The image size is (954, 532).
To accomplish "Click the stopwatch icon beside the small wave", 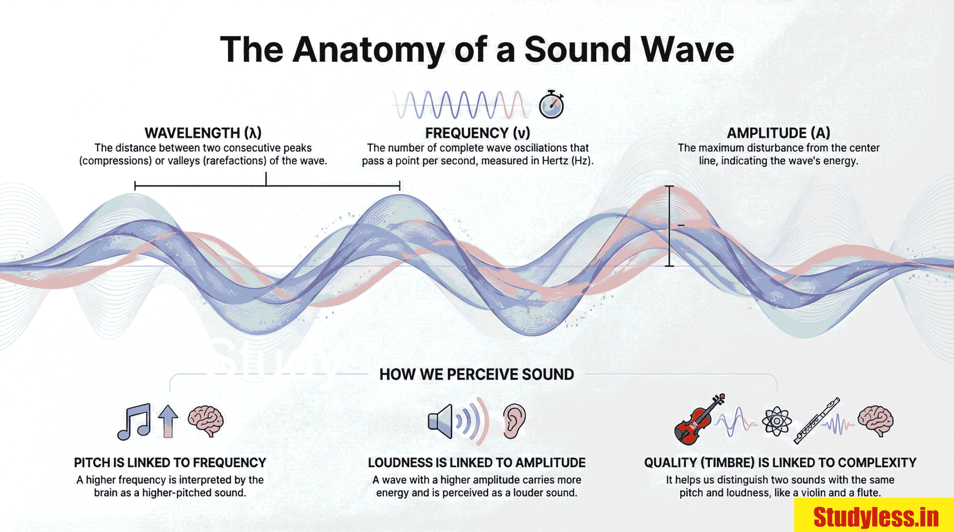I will (551, 105).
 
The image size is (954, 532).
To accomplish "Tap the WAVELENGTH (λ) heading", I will (203, 133).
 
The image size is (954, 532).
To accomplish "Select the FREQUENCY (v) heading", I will (477, 133).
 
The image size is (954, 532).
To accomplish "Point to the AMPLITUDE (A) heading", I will (778, 133).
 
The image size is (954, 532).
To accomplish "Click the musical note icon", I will (135, 422).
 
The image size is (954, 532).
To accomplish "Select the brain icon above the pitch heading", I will (206, 421).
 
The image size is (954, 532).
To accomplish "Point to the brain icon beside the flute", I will (876, 421).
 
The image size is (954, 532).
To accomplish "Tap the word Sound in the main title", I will (578, 50).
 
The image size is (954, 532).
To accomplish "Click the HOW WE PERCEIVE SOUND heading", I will (477, 375).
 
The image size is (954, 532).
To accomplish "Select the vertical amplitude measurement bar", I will (669, 226).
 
